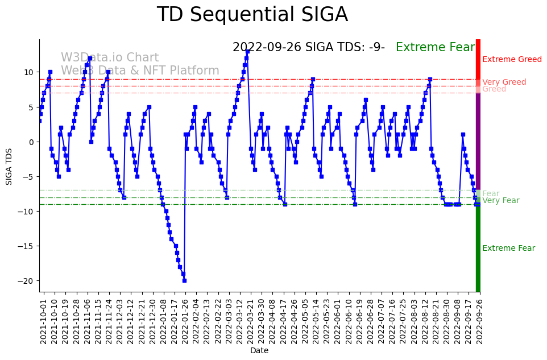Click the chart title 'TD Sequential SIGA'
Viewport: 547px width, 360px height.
coord(252,15)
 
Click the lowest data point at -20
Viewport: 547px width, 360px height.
coord(184,280)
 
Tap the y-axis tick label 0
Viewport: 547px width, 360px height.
coord(32,142)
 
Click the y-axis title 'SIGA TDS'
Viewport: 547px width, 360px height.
coord(9,165)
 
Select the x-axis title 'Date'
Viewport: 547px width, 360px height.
coord(259,350)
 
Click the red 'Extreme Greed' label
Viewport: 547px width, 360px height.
coord(512,60)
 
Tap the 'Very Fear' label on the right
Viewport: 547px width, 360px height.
coord(500,201)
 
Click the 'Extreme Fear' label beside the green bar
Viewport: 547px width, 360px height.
coord(508,249)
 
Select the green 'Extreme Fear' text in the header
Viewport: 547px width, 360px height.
coord(435,48)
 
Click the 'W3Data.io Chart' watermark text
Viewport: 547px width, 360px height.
coord(110,57)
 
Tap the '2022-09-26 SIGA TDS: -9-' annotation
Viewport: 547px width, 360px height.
coord(309,48)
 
